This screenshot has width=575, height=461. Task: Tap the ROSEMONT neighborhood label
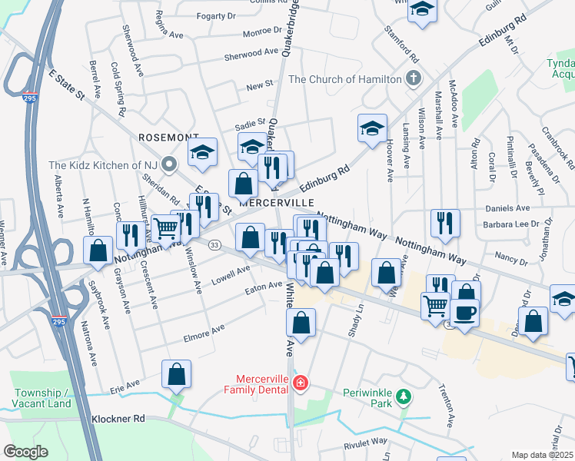(x=168, y=137)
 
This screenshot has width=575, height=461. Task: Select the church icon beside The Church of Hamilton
(x=414, y=78)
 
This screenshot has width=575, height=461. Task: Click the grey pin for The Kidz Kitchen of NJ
(x=171, y=163)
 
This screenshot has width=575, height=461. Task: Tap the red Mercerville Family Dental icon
(x=301, y=383)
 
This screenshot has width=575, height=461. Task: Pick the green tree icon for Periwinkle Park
(x=402, y=397)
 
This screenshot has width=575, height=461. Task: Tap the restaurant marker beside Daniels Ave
(x=445, y=223)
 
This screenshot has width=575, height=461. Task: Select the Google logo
(x=25, y=452)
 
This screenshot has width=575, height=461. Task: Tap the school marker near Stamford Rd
(x=422, y=10)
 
